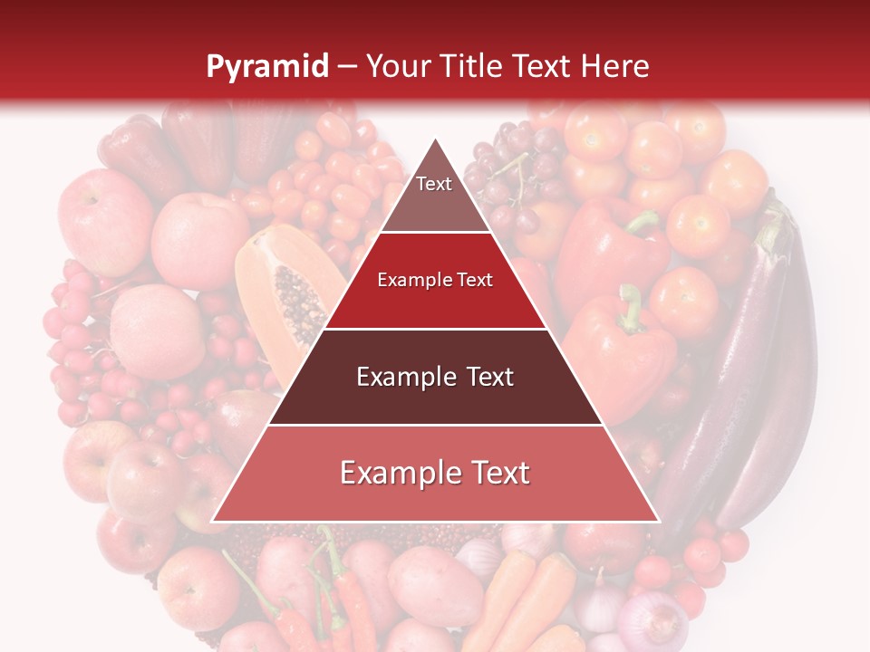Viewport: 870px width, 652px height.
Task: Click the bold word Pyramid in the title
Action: coord(267,66)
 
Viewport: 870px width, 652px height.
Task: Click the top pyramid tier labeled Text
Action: coord(435,195)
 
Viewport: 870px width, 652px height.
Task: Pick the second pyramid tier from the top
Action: coord(435,281)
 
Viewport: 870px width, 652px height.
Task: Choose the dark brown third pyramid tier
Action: coord(435,377)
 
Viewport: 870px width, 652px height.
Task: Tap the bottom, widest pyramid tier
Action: coord(435,474)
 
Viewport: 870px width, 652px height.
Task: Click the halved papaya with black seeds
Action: coord(285,290)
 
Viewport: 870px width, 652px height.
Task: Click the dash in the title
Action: coord(347,66)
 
